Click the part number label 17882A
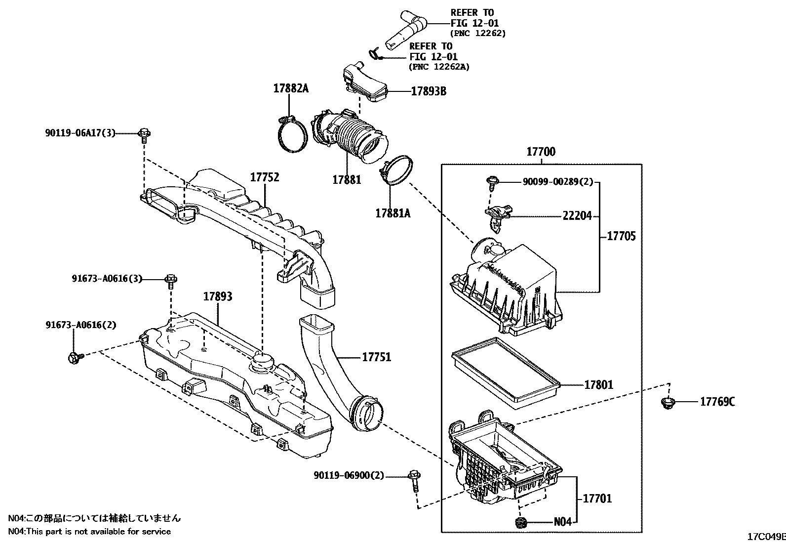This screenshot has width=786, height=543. (291, 89)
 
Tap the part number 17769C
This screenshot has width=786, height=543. (717, 402)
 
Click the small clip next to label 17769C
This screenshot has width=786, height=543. (668, 403)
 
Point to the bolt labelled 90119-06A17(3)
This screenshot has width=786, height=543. (144, 134)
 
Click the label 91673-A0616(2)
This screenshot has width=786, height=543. (81, 325)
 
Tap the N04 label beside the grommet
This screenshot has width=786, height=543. (562, 522)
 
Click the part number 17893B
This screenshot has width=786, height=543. (429, 91)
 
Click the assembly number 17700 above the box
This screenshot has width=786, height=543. (541, 152)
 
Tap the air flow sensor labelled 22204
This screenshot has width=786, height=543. (497, 216)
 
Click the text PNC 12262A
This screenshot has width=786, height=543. (439, 67)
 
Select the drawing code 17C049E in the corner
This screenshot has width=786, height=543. (766, 537)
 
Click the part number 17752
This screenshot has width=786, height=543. (265, 177)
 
